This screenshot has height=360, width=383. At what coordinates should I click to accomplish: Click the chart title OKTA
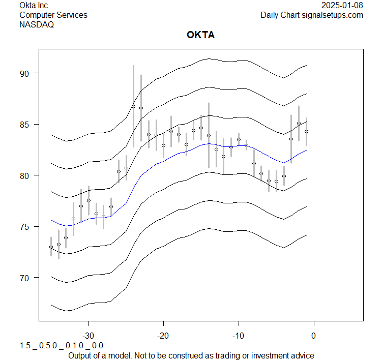point(201,36)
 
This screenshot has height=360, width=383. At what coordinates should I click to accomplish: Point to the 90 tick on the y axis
point(25,73)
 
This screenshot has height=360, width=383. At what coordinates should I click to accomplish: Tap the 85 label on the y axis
point(25,125)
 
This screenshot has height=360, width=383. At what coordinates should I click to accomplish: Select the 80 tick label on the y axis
point(25,175)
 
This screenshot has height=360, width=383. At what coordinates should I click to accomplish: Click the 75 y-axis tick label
point(25,227)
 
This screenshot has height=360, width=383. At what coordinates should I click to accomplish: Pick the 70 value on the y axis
point(25,278)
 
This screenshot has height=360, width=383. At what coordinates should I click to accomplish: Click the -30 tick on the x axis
point(89,336)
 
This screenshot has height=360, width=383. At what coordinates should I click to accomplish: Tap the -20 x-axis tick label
point(163,336)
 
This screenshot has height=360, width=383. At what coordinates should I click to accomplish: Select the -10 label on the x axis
point(239,336)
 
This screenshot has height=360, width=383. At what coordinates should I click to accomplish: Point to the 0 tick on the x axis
point(313,336)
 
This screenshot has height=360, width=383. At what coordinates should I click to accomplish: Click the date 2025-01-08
point(342,6)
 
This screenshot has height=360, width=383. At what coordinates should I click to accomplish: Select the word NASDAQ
point(37,24)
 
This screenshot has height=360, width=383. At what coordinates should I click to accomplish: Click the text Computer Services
point(53,15)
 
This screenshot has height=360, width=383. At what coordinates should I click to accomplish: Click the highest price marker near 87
point(134,106)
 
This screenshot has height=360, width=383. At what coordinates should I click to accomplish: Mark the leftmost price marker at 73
point(51,247)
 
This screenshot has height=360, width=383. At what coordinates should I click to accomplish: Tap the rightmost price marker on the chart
point(306,131)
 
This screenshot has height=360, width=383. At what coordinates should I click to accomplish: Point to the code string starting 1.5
point(62,346)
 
